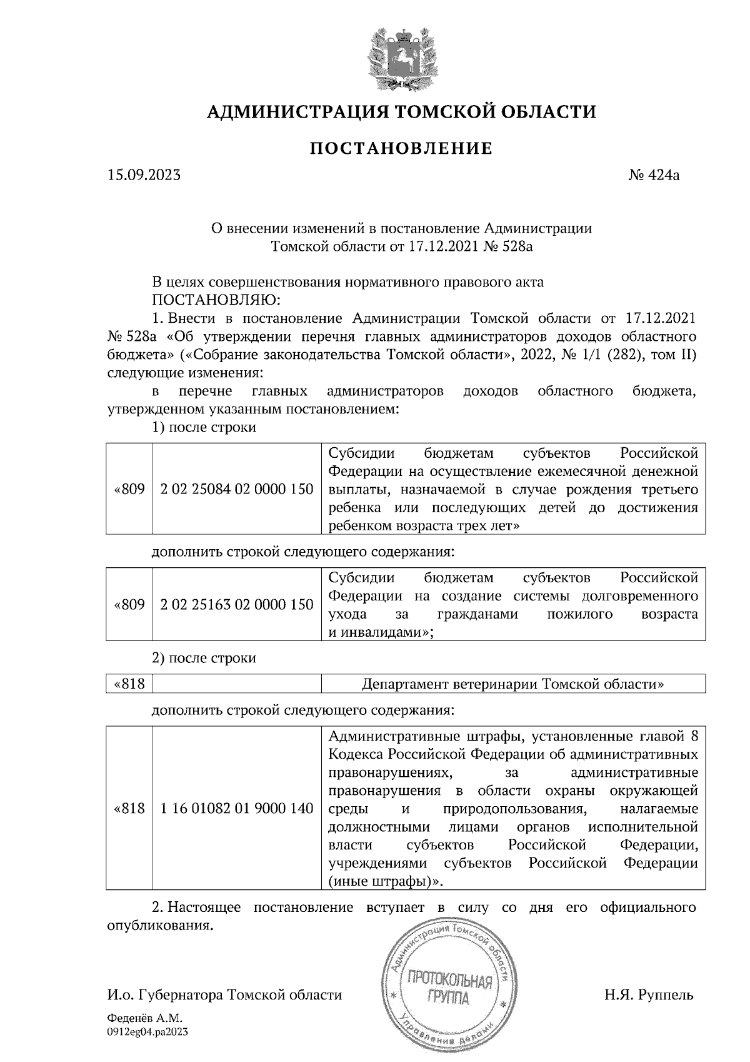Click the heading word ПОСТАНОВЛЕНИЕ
pos(401,149)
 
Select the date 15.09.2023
pos(144,175)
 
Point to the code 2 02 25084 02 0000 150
pos(237,489)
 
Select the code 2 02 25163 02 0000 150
pos(237,605)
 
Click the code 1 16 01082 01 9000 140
pos(237,809)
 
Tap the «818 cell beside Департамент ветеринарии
pos(129,684)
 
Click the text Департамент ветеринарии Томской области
pos(512,684)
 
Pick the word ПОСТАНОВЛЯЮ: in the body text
pos(216,300)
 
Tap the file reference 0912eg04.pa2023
pos(147,1032)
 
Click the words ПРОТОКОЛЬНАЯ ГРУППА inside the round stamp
pos(449,988)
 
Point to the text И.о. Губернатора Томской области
pos(224,995)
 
